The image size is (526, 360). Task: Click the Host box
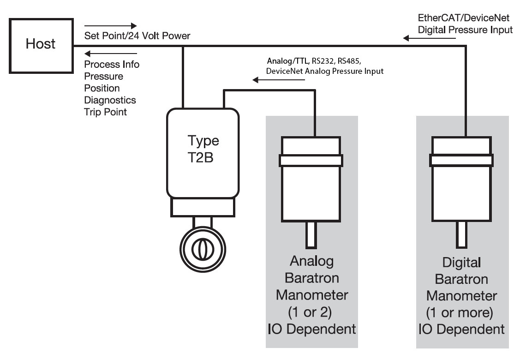(x=40, y=44)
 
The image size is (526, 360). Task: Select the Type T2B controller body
(x=203, y=152)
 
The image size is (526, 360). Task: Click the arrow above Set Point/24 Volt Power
(x=111, y=25)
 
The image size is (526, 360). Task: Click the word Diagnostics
(x=110, y=100)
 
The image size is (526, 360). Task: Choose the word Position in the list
(x=102, y=88)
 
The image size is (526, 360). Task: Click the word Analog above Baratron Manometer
(x=312, y=261)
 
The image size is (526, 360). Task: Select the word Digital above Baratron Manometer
(x=462, y=263)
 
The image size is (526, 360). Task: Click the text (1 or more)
(x=462, y=312)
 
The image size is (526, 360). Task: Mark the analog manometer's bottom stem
(x=311, y=235)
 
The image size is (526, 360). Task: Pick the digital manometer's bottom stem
(x=462, y=235)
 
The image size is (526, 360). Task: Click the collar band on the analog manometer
(x=311, y=160)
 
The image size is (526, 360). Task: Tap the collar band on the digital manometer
(x=461, y=160)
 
